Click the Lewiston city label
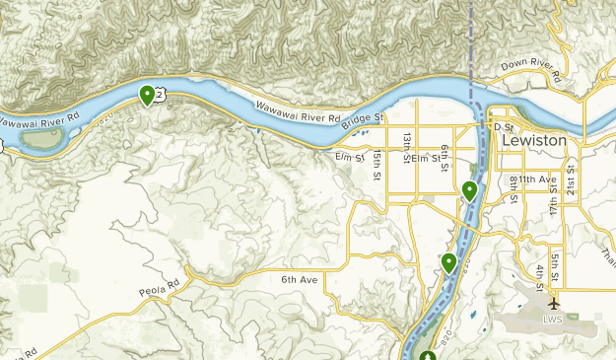[534, 141]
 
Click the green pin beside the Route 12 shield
[147, 95]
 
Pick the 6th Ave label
[300, 280]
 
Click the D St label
[504, 127]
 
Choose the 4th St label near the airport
[541, 276]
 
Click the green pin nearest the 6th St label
[470, 189]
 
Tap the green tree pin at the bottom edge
[427, 355]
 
